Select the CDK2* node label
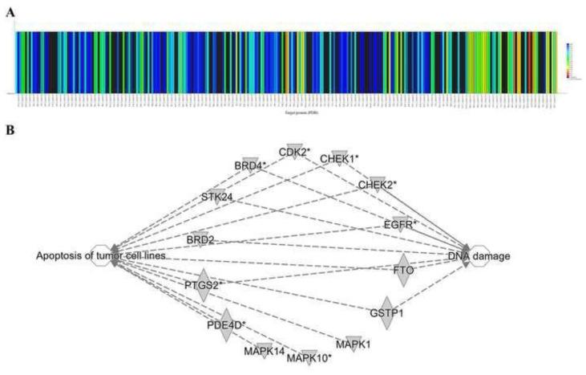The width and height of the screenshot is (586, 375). pyautogui.click(x=295, y=152)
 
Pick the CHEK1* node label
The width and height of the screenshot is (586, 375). pyautogui.click(x=339, y=159)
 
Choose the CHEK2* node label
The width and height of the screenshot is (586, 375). pyautogui.click(x=377, y=185)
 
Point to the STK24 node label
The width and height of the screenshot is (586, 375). pyautogui.click(x=216, y=195)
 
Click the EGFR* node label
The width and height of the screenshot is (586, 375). pyautogui.click(x=401, y=225)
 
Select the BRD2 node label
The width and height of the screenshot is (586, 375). pyautogui.click(x=200, y=239)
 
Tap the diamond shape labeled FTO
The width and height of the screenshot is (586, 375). pyautogui.click(x=403, y=271)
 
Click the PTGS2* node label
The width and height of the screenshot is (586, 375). pyautogui.click(x=204, y=284)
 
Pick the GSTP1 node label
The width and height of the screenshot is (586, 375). pyautogui.click(x=386, y=312)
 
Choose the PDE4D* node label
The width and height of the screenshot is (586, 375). pyautogui.click(x=227, y=325)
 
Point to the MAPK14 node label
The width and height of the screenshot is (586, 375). pyautogui.click(x=265, y=351)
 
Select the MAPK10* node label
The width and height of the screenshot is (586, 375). pyautogui.click(x=309, y=357)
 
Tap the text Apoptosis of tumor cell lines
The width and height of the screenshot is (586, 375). pyautogui.click(x=101, y=256)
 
